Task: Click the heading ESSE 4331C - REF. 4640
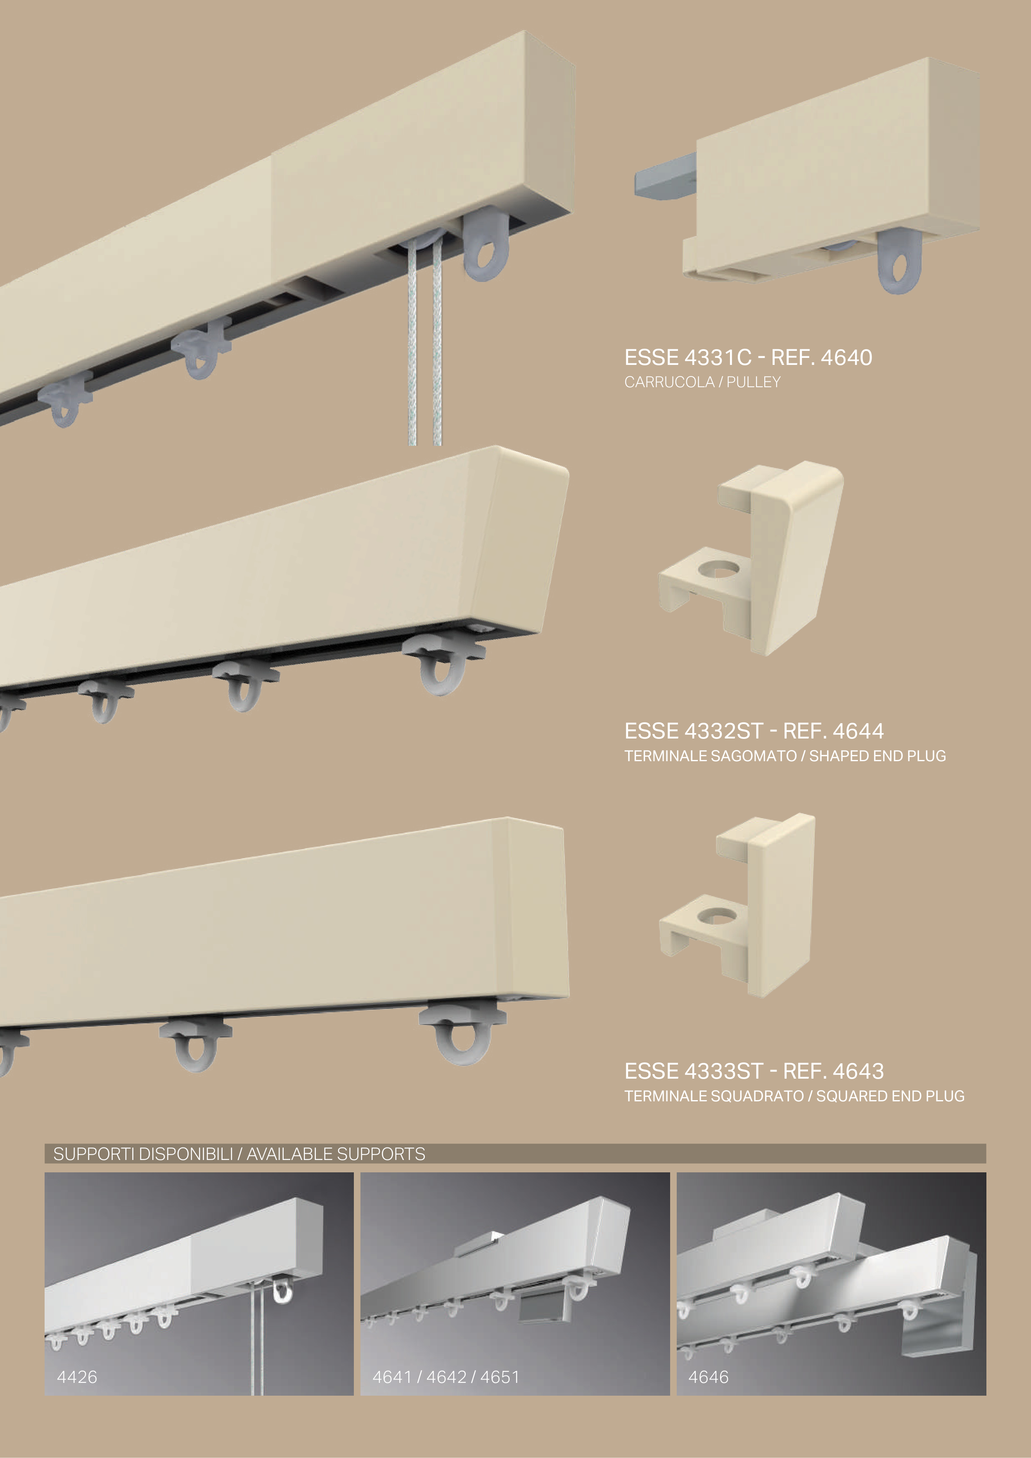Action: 748,357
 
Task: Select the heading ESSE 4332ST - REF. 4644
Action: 754,731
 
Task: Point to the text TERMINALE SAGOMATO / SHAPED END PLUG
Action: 785,756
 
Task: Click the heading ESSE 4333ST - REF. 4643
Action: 754,1071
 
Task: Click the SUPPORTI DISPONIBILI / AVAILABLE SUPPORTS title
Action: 239,1154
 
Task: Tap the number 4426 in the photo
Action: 77,1377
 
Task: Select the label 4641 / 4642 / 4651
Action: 446,1377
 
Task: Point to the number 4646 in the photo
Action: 708,1377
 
